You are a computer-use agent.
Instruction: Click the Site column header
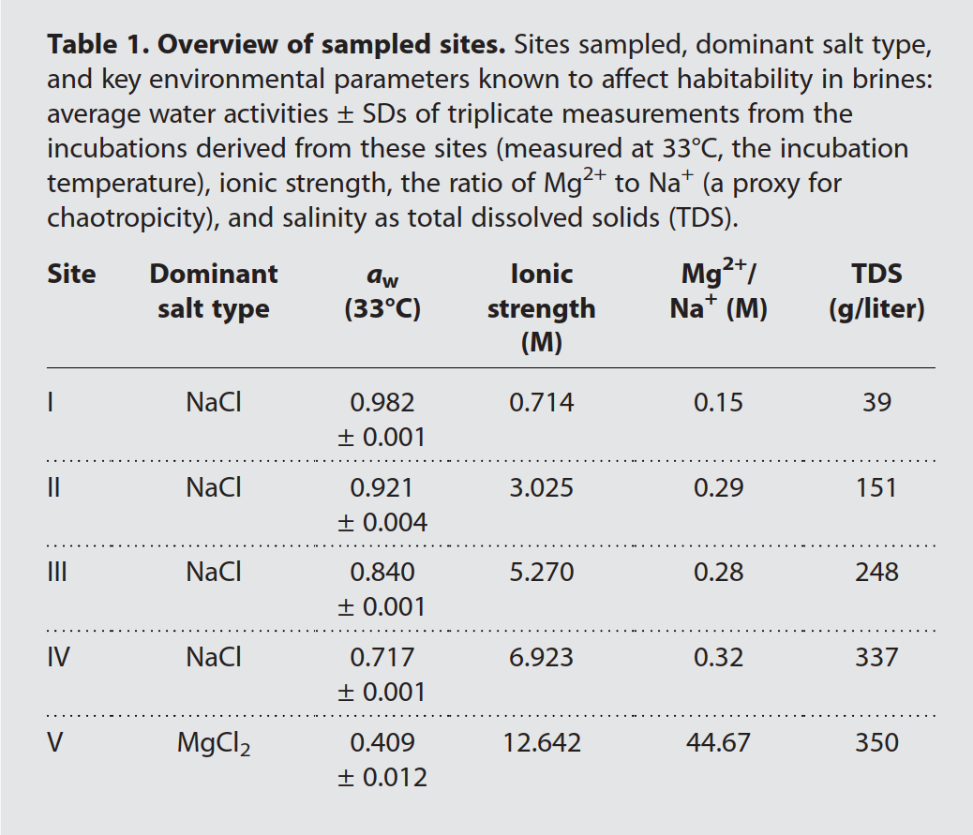[71, 274]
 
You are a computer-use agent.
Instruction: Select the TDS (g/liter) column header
[876, 291]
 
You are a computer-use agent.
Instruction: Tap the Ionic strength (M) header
[541, 307]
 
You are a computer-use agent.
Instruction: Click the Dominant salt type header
[213, 291]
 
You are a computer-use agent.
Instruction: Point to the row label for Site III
[57, 572]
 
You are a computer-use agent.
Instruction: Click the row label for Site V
[55, 742]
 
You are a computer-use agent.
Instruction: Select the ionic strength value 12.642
[541, 742]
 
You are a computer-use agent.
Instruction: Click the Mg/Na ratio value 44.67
[718, 742]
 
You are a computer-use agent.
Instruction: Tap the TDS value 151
[876, 487]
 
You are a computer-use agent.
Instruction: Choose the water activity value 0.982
[382, 402]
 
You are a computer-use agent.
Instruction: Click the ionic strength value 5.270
[541, 572]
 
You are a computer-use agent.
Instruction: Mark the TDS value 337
[876, 657]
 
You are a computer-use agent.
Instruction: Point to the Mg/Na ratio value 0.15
[718, 402]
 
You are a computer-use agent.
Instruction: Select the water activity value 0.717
[382, 657]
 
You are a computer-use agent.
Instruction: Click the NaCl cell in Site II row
[213, 487]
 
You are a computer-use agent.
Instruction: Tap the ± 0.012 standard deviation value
[382, 777]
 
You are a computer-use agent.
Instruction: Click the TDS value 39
[876, 402]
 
